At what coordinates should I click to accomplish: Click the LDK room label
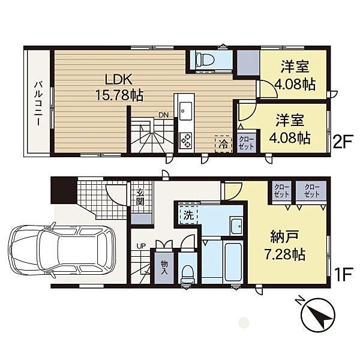[119, 79]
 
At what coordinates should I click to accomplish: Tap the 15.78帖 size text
[119, 95]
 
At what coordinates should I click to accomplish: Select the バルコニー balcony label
[38, 103]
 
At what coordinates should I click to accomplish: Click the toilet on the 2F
[205, 59]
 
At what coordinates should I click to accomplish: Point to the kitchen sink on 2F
[185, 111]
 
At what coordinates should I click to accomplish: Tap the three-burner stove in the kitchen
[185, 141]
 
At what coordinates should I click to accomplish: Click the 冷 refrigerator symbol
[223, 144]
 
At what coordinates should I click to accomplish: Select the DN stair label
[163, 115]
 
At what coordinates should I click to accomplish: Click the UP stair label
[142, 246]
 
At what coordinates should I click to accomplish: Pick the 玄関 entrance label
[140, 197]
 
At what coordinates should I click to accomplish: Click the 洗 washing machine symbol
[189, 215]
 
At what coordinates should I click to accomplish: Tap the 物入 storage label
[164, 268]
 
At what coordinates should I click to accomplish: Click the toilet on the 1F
[187, 275]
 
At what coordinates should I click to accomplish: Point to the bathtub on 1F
[233, 262]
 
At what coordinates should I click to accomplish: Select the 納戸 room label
[284, 237]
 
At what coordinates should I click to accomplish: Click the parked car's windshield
[44, 250]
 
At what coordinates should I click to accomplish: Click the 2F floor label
[343, 142]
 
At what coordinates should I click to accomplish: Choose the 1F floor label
[343, 275]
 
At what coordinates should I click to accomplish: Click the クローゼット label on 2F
[247, 143]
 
